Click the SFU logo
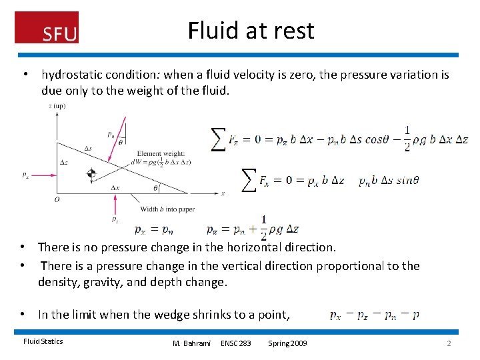point(47,28)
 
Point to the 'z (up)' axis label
point(57,106)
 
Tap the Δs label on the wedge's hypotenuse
point(88,148)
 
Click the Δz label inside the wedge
point(63,163)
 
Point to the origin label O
point(57,199)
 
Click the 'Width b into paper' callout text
point(167,209)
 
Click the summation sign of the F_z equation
point(218,139)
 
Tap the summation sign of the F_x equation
point(247,180)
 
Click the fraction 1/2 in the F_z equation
point(407,138)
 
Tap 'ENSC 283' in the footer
point(236,343)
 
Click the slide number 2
point(449,343)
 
